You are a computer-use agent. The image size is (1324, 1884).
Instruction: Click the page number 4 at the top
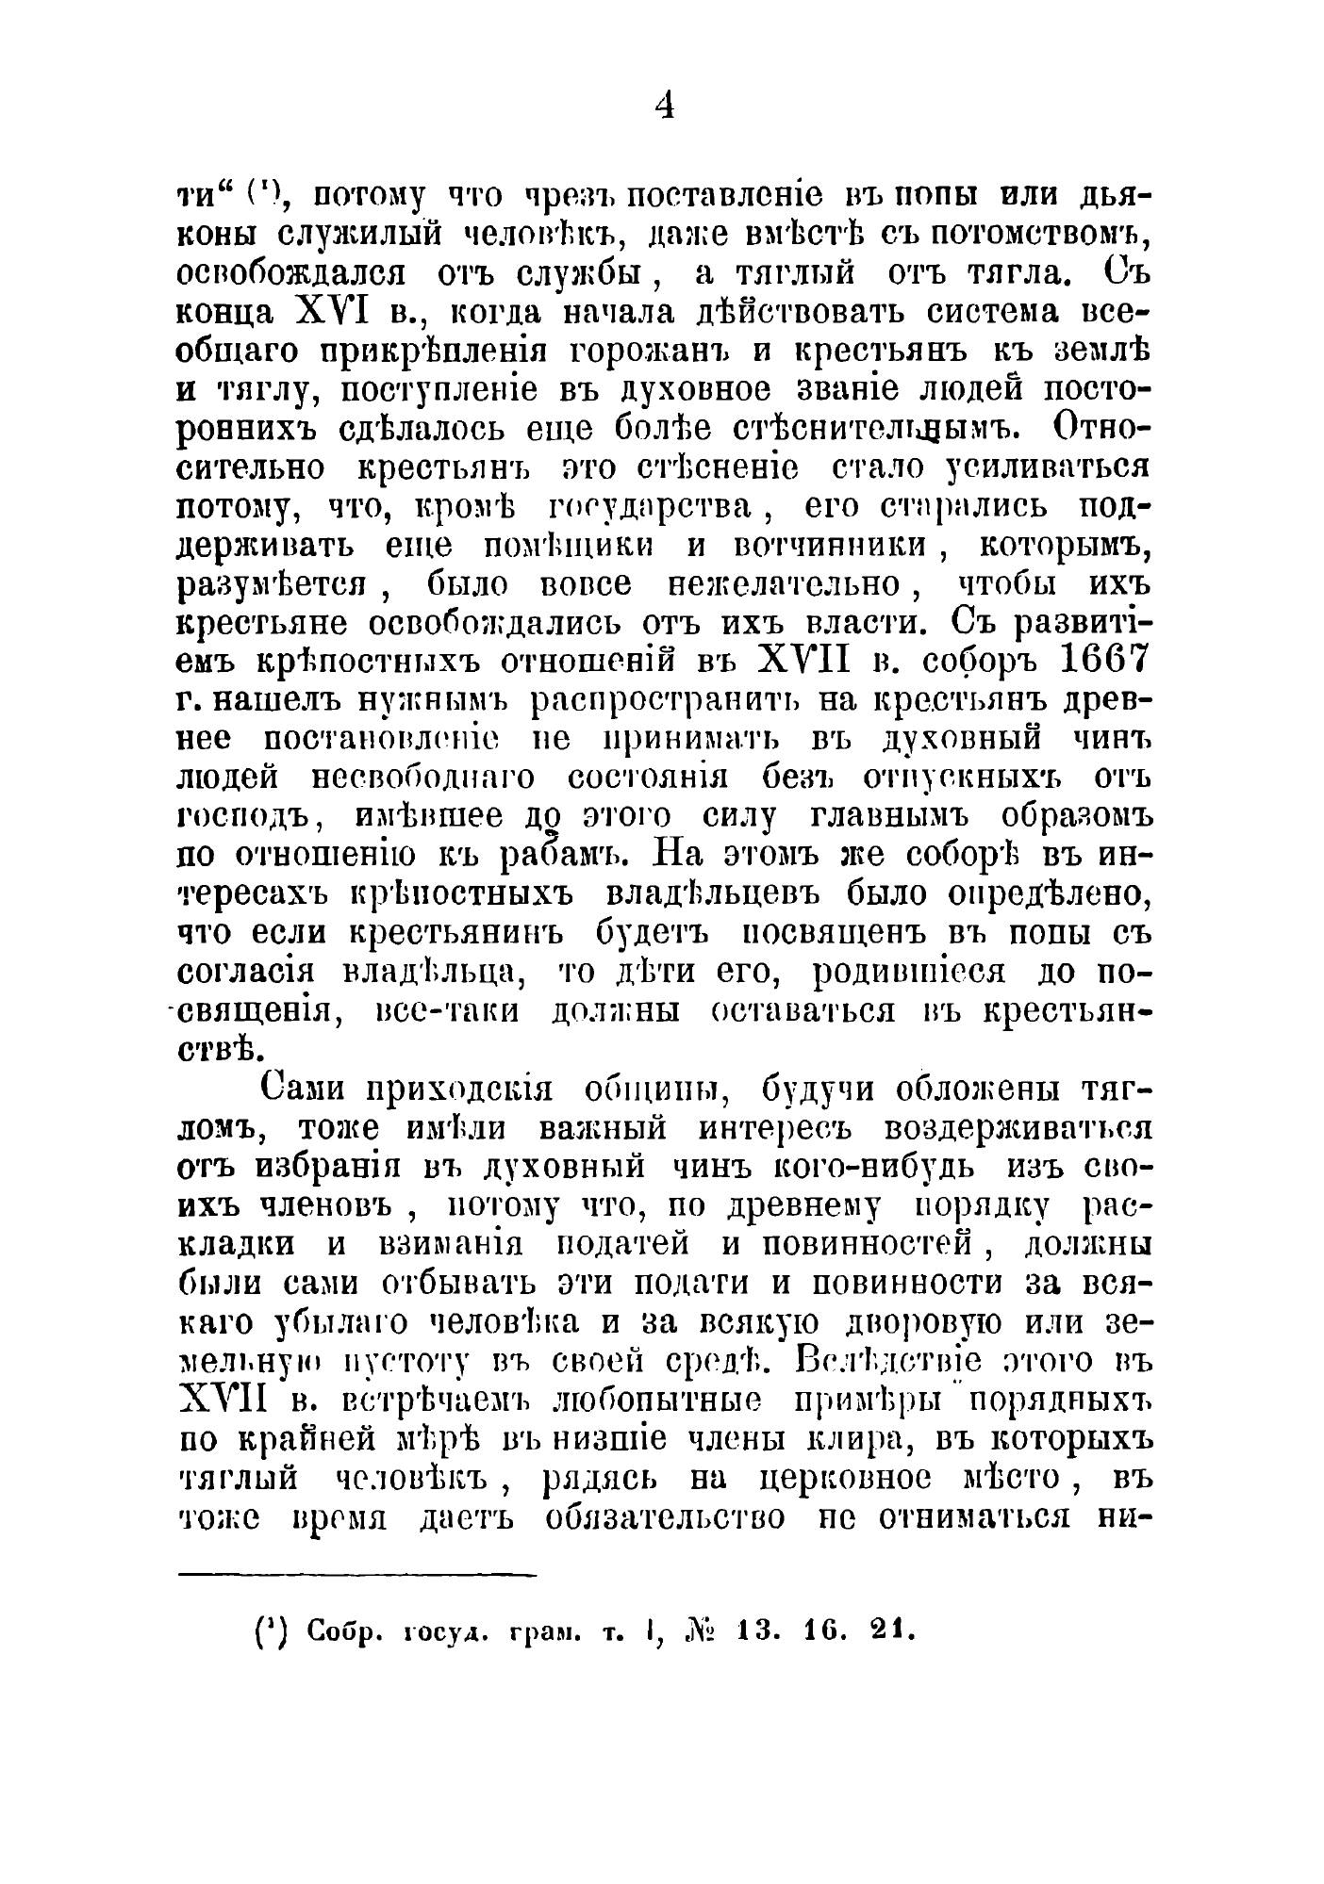664,107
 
